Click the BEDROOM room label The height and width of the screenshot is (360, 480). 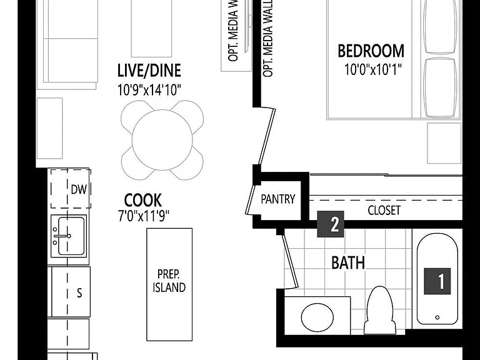point(371,51)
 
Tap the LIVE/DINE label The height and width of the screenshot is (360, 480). point(149,71)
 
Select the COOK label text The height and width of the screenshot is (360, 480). point(143,201)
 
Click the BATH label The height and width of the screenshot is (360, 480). point(348,263)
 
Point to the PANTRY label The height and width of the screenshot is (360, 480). point(278,199)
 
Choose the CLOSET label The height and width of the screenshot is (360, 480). point(384,210)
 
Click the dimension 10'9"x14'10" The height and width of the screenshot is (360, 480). point(149,90)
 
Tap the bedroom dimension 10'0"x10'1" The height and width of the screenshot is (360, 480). point(372,69)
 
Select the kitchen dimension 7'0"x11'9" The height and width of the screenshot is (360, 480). point(144,216)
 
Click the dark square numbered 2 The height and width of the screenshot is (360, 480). point(330,224)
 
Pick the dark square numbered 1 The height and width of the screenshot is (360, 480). point(437,281)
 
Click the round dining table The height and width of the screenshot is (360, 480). point(162,140)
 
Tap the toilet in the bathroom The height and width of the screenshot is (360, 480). point(379,310)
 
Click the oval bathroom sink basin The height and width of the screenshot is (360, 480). point(317,317)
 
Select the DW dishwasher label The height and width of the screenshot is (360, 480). point(79,189)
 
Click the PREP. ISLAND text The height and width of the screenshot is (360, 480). point(169,281)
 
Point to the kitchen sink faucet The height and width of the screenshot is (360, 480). point(62,236)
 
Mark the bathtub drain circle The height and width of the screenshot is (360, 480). point(437,317)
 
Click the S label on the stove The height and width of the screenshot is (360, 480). point(79,293)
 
